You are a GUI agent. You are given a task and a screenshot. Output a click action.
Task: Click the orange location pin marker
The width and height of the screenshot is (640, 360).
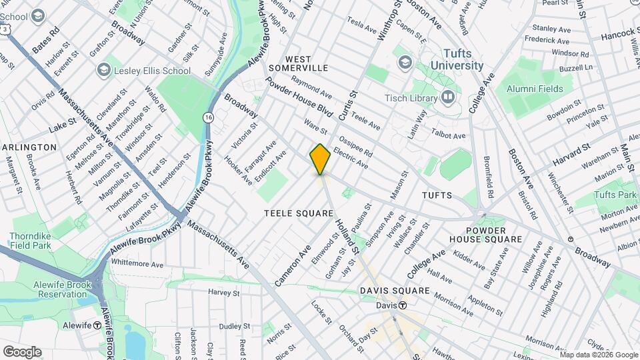click(320, 159)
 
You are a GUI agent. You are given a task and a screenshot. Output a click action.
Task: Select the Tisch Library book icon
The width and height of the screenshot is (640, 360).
click(448, 98)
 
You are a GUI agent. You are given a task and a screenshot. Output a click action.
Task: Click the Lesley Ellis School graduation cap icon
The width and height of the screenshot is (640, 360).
click(103, 70)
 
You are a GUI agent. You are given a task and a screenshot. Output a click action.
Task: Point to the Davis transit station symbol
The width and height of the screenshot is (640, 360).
click(403, 305)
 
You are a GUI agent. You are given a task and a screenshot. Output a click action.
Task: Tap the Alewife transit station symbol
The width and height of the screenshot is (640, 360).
click(97, 325)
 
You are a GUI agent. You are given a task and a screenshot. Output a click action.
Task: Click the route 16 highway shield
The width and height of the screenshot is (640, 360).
click(208, 117)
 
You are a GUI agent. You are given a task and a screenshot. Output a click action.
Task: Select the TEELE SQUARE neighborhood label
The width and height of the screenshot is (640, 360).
click(298, 213)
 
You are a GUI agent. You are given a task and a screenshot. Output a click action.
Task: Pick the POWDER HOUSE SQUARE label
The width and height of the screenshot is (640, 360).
click(485, 233)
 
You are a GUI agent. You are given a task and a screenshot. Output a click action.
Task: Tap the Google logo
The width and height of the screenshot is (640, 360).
click(22, 351)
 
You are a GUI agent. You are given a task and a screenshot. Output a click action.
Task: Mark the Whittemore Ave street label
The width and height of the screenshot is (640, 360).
click(137, 263)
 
